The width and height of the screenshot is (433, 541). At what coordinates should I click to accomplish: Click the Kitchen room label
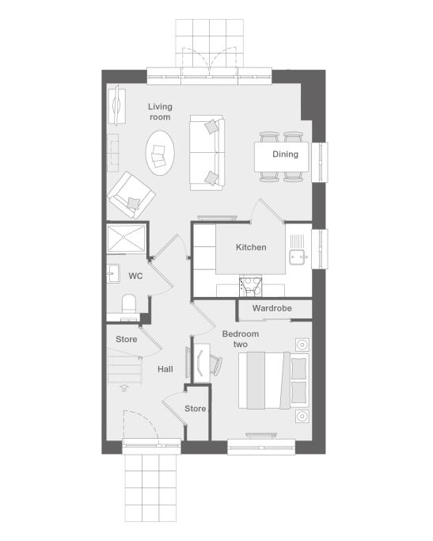[x=251, y=247]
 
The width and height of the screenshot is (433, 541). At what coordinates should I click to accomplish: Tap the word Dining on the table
[x=285, y=154]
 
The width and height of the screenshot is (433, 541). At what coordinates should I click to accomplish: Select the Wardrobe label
[x=272, y=308]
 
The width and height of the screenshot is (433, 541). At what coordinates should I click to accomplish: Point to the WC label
[x=135, y=276]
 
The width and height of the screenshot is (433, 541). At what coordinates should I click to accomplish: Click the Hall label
[x=165, y=369]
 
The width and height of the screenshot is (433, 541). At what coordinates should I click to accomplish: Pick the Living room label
[x=160, y=112]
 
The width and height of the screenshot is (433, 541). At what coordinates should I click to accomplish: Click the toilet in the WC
[x=129, y=303]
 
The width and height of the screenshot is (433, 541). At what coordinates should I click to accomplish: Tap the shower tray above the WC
[x=126, y=238]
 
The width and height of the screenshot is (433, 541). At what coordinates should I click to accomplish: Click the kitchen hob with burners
[x=251, y=287]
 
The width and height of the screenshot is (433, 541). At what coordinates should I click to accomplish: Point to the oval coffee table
[x=160, y=153]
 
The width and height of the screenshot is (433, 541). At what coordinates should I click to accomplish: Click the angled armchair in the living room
[x=131, y=196]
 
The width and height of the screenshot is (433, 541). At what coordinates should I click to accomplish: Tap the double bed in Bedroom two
[x=274, y=380]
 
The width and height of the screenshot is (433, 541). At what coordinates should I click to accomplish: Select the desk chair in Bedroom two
[x=216, y=365]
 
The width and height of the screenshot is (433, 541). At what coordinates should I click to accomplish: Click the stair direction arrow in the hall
[x=124, y=388]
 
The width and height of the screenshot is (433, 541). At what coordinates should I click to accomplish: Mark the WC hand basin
[x=113, y=273]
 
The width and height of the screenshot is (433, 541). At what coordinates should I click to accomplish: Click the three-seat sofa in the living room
[x=207, y=153]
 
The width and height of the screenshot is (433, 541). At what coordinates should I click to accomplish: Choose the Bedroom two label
[x=241, y=339]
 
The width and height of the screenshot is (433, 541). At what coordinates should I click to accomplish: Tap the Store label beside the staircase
[x=126, y=340]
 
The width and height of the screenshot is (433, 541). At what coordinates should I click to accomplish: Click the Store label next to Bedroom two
[x=195, y=409]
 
